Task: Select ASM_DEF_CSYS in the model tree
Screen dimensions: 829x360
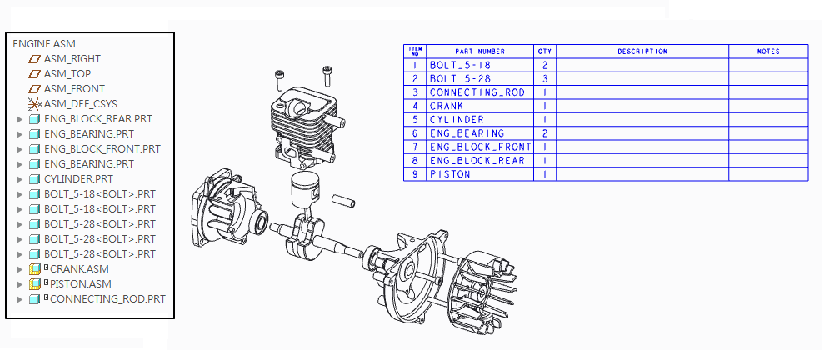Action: (80, 103)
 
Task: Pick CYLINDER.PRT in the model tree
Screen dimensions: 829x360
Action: (78, 178)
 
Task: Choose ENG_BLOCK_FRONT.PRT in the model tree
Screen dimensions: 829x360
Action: (102, 149)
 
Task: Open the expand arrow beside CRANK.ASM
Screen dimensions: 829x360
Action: (19, 269)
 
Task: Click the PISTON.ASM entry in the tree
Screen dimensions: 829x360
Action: (80, 284)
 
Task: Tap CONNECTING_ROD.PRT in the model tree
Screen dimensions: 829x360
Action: (107, 298)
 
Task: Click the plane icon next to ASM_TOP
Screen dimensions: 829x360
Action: (34, 74)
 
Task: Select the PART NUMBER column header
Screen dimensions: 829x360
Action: (480, 52)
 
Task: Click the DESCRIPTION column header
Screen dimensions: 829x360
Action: (642, 52)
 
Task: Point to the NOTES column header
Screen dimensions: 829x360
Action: (768, 52)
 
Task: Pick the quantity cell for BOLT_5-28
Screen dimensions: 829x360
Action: (545, 79)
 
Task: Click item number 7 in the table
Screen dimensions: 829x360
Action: (415, 147)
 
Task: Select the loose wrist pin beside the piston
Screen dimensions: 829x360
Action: (343, 201)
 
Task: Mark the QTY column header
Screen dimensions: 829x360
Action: (545, 52)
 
